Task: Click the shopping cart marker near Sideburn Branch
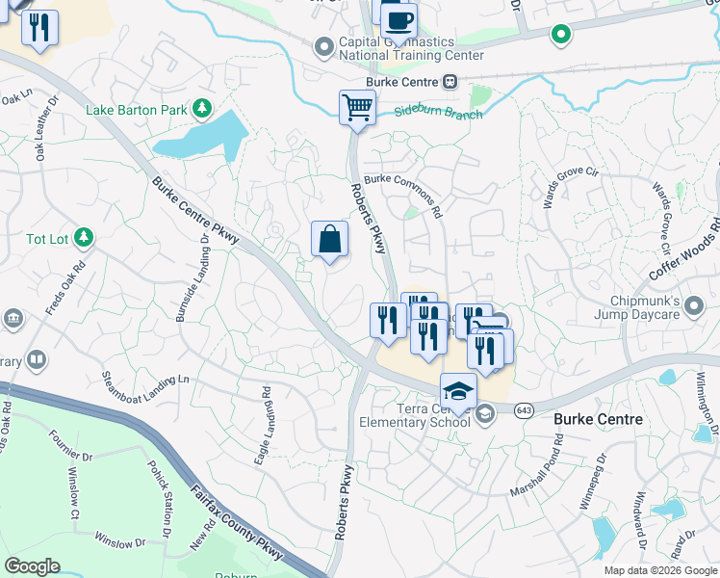(x=357, y=107)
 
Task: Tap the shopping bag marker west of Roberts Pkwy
(x=329, y=239)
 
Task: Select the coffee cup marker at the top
(x=399, y=20)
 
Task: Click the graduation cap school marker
(x=458, y=391)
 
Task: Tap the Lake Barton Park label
(x=137, y=110)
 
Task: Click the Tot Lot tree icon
(x=85, y=237)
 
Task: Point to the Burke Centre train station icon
(x=450, y=82)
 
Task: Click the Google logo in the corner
(x=33, y=565)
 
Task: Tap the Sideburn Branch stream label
(x=438, y=113)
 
